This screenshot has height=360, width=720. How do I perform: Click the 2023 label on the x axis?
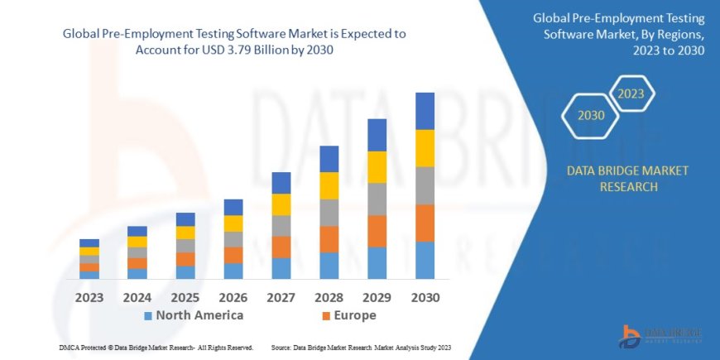[x=89, y=297]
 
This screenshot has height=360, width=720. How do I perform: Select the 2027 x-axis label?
[x=281, y=297]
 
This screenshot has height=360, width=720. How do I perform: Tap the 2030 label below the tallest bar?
[x=425, y=297]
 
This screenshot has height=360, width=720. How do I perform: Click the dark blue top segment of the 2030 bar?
[x=425, y=111]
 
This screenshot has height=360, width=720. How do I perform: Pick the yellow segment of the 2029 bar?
[x=377, y=167]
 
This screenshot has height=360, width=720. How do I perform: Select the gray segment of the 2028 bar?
[x=329, y=213]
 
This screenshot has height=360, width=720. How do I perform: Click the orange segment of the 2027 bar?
[x=281, y=247]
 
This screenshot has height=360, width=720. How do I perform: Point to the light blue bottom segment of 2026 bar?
[x=233, y=271]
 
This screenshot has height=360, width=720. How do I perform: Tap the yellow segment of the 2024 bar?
[x=137, y=242]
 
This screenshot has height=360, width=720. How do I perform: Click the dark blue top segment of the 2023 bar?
[x=89, y=243]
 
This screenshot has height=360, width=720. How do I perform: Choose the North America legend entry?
[x=194, y=315]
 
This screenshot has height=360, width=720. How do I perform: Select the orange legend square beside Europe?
[x=327, y=316]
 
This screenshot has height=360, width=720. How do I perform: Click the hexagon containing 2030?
[x=591, y=115]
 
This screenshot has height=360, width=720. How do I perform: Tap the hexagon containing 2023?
[x=631, y=94]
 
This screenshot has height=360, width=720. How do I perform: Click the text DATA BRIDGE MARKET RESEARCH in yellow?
[x=626, y=179]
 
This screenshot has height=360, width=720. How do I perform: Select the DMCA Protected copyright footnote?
[x=156, y=348]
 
